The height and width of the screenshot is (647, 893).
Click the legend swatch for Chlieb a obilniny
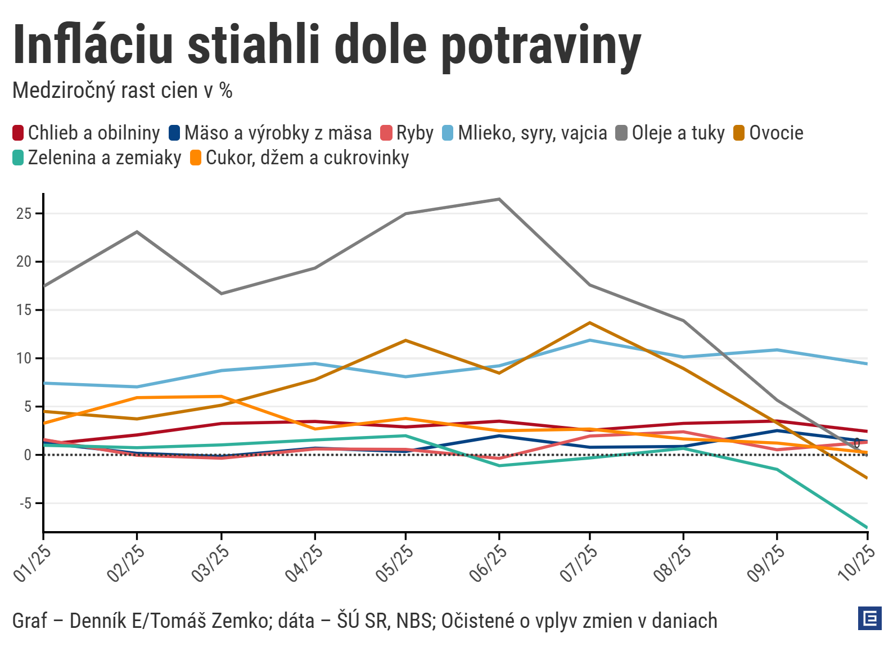coord(18,133)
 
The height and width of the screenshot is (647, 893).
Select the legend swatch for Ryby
coord(386,133)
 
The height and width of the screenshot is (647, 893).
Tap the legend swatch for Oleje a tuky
coord(621,133)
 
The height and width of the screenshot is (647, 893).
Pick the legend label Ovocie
coord(776,133)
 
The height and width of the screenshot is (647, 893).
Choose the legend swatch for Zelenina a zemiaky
coord(18,158)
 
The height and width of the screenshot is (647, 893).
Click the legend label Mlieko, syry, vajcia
coord(532,133)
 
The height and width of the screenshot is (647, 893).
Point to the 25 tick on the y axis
coord(24,214)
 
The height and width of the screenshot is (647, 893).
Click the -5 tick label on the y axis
coord(25,504)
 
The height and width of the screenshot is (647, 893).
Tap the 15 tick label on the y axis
coord(24,310)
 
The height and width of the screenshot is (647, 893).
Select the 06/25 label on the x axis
coord(488,563)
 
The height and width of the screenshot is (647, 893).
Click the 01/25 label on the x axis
coord(32,563)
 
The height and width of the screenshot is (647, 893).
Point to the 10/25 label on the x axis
coord(856,563)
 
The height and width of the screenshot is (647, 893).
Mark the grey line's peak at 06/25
coord(499,199)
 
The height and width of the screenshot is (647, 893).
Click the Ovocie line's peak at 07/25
coord(590,323)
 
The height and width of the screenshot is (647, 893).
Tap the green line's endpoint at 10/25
coord(867,527)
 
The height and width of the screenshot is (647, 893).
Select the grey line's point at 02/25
coord(137,232)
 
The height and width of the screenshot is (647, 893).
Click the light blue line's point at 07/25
coord(590,340)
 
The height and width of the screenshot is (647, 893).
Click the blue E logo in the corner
coord(869,618)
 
